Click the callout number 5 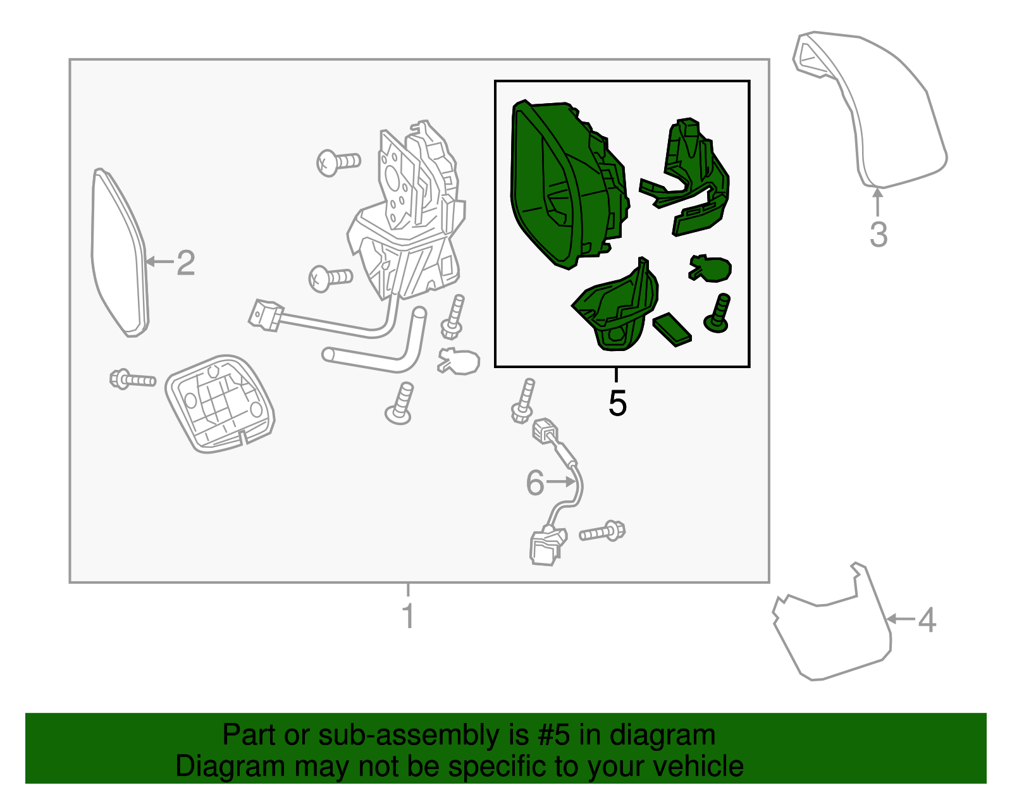pos(617,403)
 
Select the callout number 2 pos(185,263)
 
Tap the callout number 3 pos(879,235)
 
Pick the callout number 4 pos(927,620)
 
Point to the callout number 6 pos(535,483)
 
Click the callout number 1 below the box pos(408,616)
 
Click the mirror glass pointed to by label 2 pos(120,252)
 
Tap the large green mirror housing pos(569,184)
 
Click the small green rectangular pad pos(672,329)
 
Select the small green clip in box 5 pos(710,269)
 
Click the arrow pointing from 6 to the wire pos(561,483)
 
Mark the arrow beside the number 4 pos(901,620)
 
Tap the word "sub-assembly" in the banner pos(423,736)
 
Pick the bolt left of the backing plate pos(132,380)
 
